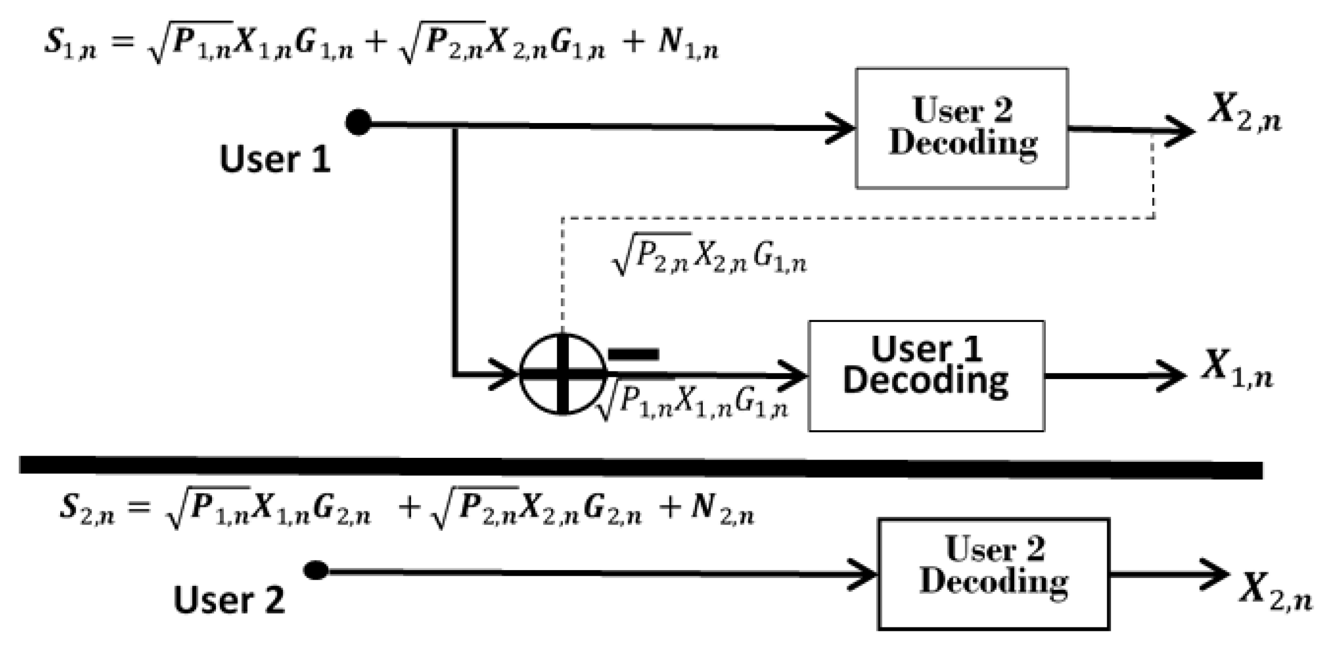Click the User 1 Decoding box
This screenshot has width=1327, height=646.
point(926,375)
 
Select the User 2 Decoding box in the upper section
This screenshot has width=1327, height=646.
point(962,128)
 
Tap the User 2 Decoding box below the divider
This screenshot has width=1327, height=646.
point(994,573)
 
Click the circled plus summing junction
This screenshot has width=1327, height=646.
point(563,374)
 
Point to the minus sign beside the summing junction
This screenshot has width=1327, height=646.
point(634,354)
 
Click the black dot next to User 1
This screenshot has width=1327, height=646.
point(358,122)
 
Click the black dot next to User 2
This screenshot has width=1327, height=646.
point(316,570)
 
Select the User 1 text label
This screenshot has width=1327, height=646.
point(274,159)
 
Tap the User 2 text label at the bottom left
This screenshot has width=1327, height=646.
point(229,600)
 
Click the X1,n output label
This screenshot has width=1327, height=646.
point(1236,370)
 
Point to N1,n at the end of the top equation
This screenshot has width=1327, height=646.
point(688,44)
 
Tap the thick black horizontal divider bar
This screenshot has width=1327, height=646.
point(641,467)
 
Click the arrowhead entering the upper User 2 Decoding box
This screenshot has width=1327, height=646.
point(841,128)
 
